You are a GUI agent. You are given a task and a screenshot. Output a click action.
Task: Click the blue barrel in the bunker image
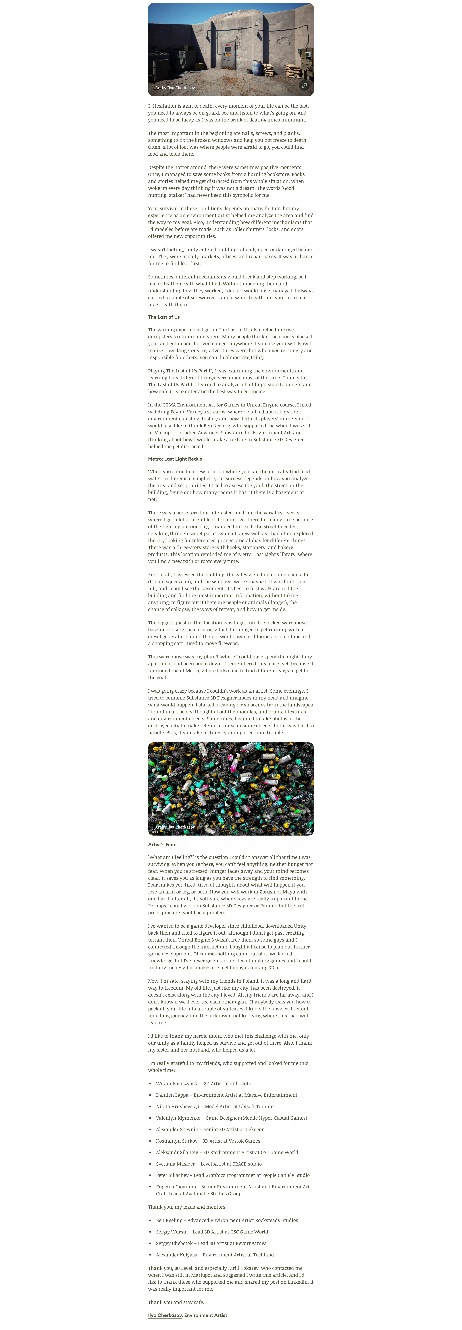pos(257,68)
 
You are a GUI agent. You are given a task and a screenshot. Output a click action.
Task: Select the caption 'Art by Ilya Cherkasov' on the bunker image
pos(175,88)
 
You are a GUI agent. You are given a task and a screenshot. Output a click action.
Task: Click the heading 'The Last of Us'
pos(164,317)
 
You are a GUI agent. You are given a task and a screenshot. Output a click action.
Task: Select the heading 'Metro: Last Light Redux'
pos(175,459)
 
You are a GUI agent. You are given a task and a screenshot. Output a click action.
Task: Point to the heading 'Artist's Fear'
pos(162,845)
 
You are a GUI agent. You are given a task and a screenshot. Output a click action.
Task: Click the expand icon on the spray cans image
pos(304,825)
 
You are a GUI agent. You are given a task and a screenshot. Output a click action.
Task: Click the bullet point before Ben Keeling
pos(150,1221)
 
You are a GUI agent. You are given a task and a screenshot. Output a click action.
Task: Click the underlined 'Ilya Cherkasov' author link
pos(165,1315)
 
